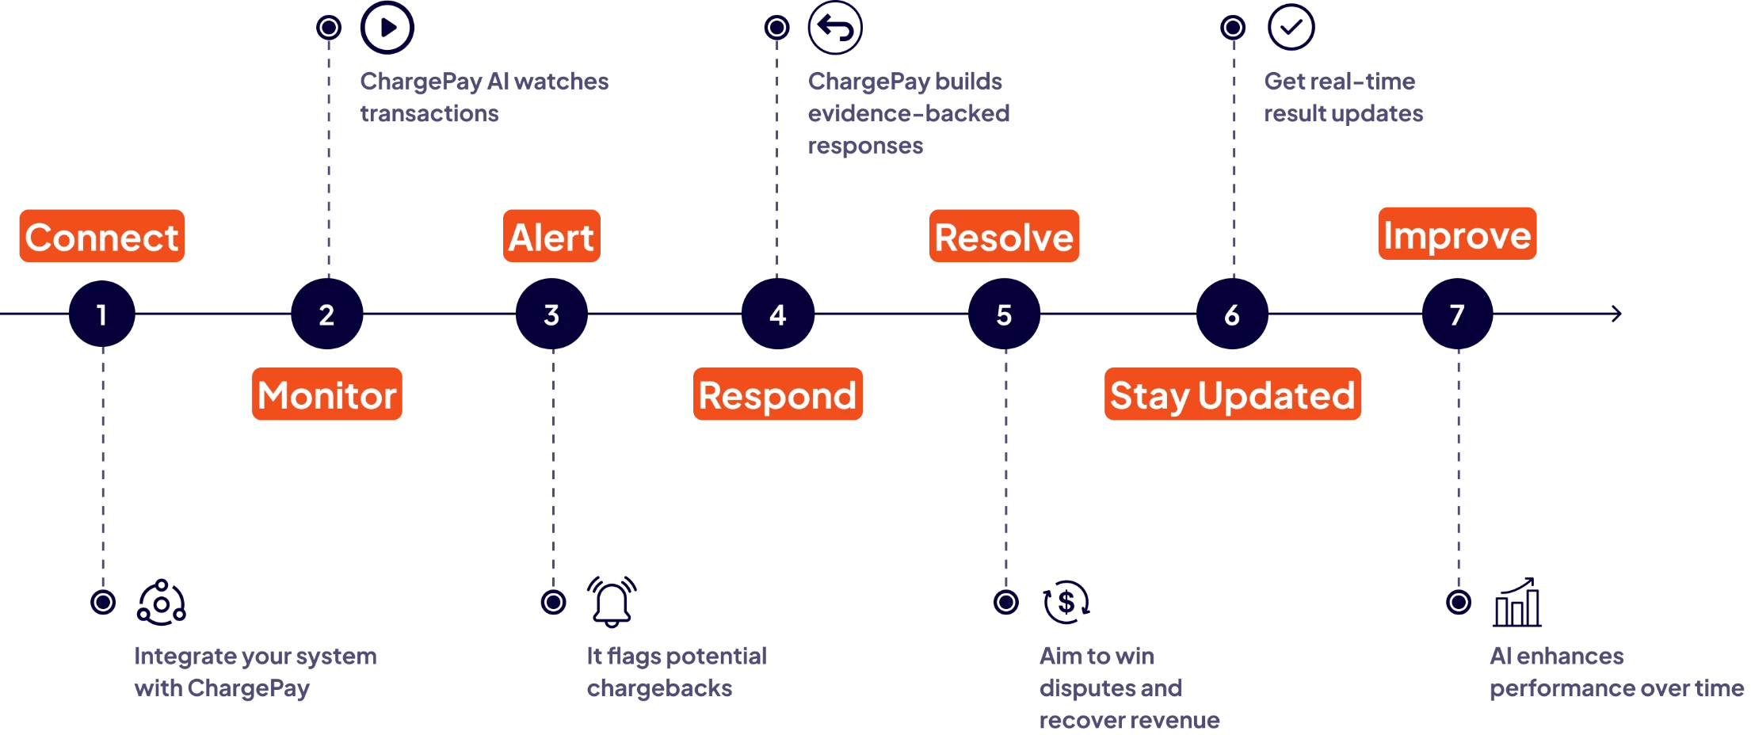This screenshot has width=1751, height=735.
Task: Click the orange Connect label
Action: point(102,238)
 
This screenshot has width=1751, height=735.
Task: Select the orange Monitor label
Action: point(326,395)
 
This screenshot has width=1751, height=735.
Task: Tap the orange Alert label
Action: point(551,238)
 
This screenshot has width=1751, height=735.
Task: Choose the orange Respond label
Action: point(778,395)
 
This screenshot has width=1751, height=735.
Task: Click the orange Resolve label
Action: point(1004,238)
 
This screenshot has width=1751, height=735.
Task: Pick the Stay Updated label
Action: point(1232,395)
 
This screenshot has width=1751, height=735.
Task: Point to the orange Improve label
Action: point(1457,234)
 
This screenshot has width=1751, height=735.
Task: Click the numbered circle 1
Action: point(102,314)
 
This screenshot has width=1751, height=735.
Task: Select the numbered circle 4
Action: point(777,314)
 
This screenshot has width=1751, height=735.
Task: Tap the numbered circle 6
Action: point(1231,314)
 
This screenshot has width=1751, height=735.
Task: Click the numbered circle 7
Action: point(1457,314)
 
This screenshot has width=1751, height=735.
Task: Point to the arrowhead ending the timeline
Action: point(1616,314)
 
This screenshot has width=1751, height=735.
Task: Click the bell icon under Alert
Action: point(612,603)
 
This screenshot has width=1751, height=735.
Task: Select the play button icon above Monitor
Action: point(387,28)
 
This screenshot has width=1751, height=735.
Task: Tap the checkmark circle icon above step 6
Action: point(1291,28)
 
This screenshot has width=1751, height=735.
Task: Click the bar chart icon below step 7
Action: point(1516,604)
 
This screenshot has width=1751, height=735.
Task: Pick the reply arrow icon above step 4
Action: point(834,28)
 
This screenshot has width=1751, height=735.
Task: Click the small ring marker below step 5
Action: point(1005,603)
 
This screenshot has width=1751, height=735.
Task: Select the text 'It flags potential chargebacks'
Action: point(677,672)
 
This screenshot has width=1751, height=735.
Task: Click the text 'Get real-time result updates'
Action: point(1343,97)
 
